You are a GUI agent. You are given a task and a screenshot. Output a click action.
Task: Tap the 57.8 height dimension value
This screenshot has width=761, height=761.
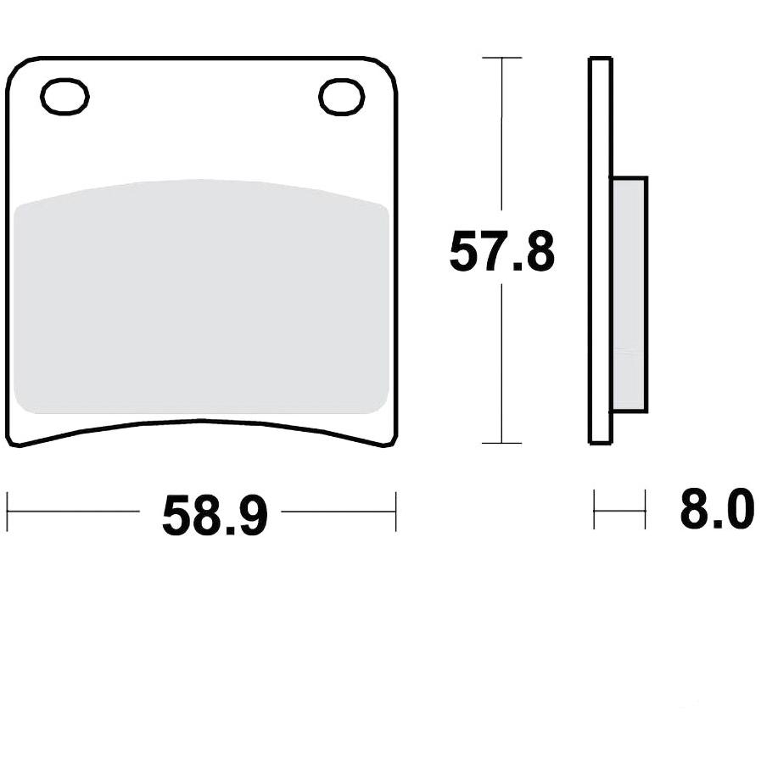tap(502, 252)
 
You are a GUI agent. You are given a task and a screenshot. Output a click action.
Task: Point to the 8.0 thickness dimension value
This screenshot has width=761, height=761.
tap(717, 510)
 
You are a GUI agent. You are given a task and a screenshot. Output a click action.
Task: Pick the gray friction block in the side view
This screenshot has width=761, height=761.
tap(630, 294)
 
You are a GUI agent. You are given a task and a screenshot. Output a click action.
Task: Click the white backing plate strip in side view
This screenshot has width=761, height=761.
tap(601, 250)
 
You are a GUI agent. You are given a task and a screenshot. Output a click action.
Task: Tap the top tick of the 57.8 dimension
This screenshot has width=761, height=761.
tap(502, 58)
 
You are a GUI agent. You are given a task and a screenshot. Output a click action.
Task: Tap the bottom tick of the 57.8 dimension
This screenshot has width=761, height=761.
tap(502, 443)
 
